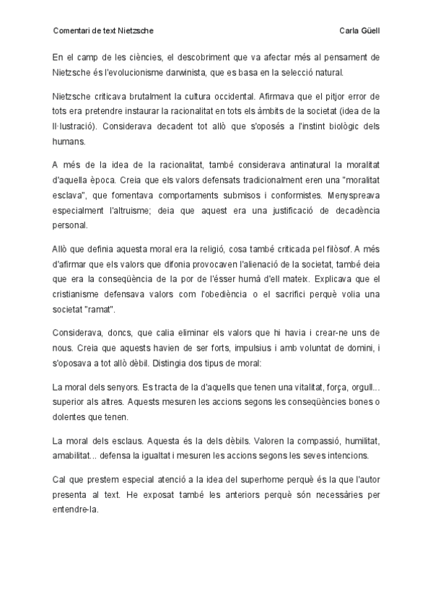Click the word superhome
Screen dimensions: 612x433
click(260, 479)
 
